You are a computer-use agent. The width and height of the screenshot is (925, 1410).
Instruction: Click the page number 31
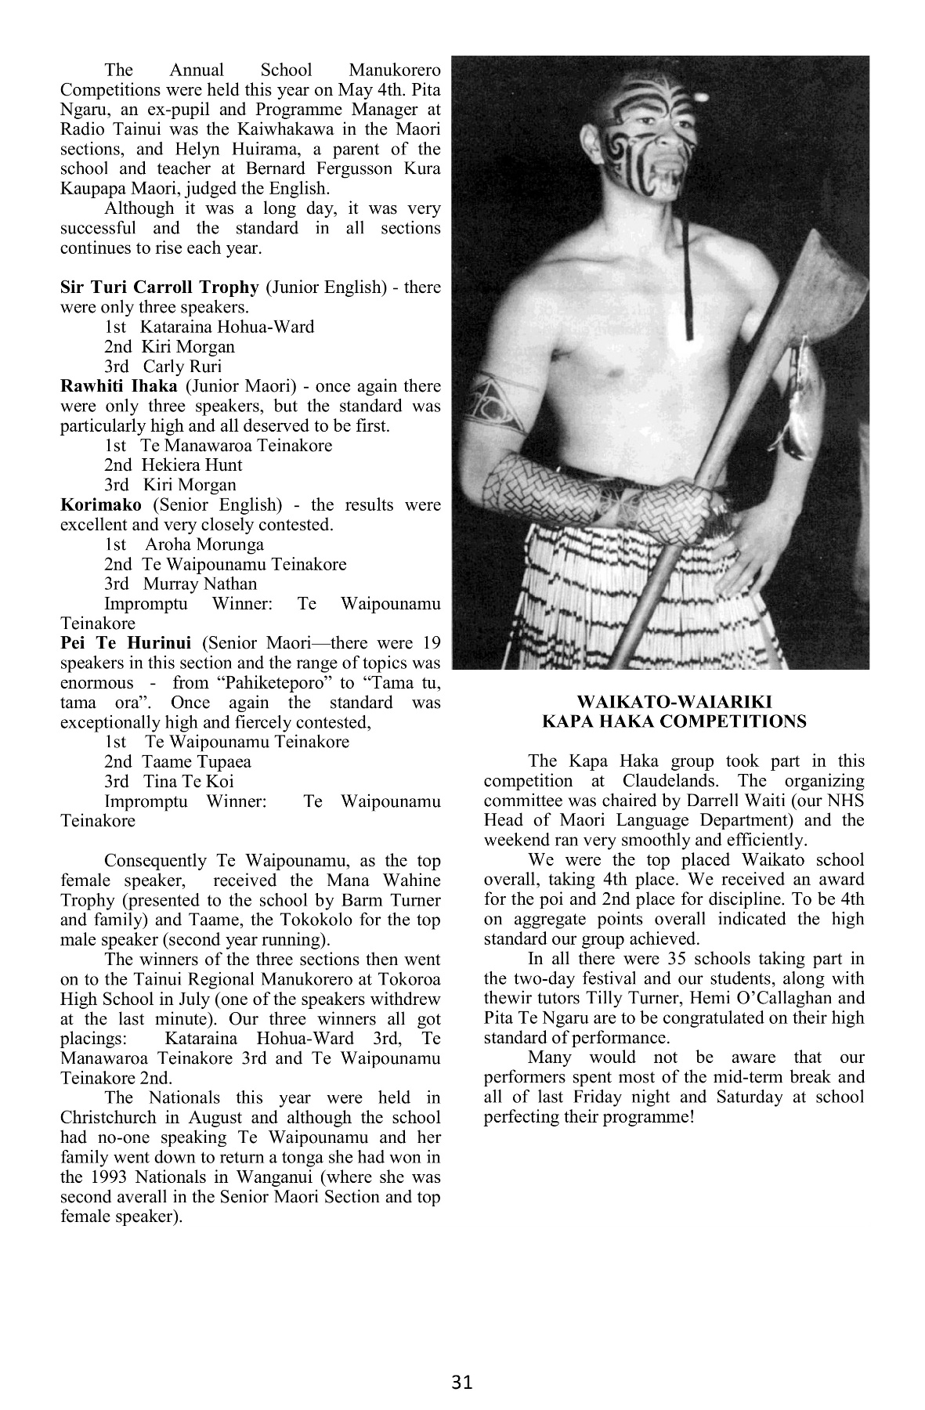[x=462, y=1382]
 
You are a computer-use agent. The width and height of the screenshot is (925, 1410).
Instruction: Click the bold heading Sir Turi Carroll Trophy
[x=159, y=287]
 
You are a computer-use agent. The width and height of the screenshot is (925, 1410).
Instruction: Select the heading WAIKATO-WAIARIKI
[x=674, y=702]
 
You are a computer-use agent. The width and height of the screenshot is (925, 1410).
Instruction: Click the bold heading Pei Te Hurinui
[x=126, y=643]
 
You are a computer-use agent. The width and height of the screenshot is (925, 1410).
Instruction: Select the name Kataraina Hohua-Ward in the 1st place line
[x=227, y=327]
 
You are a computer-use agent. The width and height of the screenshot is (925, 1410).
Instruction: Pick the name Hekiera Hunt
[x=192, y=465]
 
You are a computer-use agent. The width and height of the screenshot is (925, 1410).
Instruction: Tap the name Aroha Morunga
[x=204, y=544]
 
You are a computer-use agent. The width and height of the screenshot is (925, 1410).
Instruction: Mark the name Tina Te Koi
[x=189, y=781]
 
